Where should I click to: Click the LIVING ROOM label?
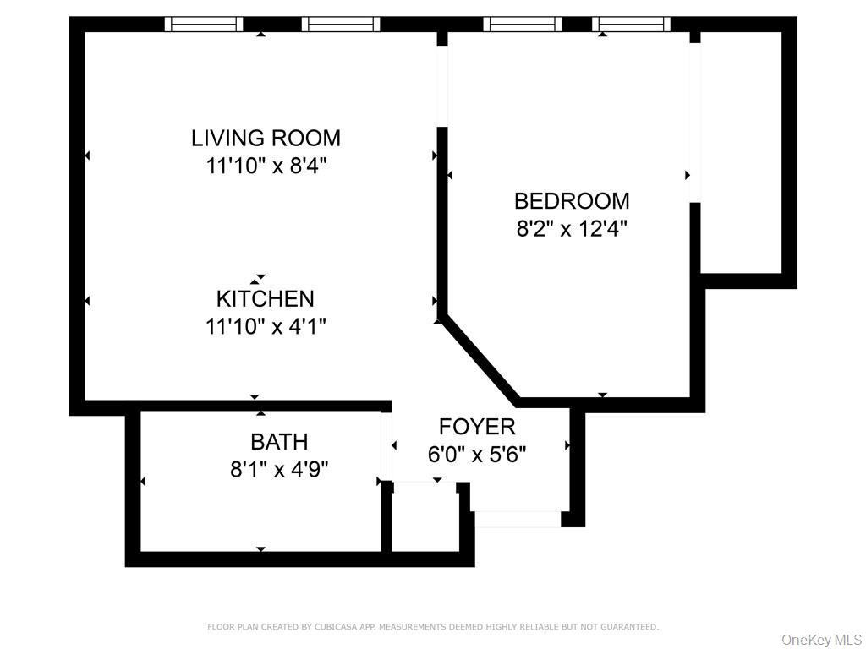tap(266, 138)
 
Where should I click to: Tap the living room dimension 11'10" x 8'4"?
tap(266, 165)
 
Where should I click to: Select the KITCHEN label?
tap(265, 298)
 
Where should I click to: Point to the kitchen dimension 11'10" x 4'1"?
tap(266, 325)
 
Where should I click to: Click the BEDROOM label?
tap(572, 201)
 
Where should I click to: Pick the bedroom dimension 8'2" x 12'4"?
tap(572, 228)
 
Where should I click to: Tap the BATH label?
tap(279, 441)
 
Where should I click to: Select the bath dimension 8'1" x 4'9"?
tap(279, 468)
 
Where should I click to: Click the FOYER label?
tap(476, 427)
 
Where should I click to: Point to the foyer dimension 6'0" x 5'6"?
tap(476, 455)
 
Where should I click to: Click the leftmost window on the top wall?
tap(204, 25)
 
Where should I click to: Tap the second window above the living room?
tap(340, 25)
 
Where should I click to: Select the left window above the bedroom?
tap(522, 25)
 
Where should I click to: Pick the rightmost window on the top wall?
tap(631, 25)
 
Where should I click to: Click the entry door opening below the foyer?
tap(516, 519)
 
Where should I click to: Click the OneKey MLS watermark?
tap(821, 639)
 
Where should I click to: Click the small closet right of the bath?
tap(425, 517)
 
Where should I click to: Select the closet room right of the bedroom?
tap(741, 152)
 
